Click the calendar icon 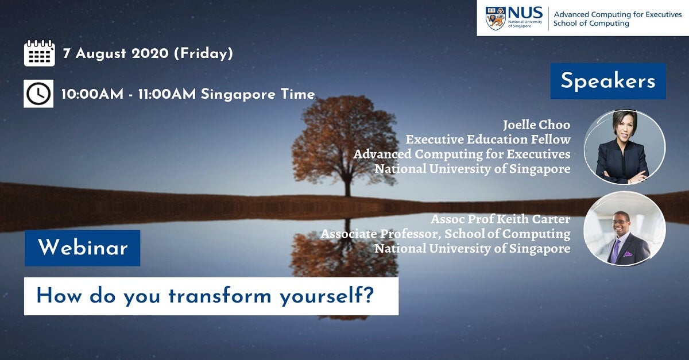40,53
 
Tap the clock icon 38,94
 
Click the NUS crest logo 496,18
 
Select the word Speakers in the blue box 608,81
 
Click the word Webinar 83,247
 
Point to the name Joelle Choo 536,125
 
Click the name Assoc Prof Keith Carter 501,219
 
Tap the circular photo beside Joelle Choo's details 625,147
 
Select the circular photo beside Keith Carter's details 625,229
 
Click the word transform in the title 220,296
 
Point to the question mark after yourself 369,295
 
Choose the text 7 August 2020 116,53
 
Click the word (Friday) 204,53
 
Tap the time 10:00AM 92,94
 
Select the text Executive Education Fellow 488,140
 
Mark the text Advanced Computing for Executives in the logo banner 618,14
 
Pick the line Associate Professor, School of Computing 446,234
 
